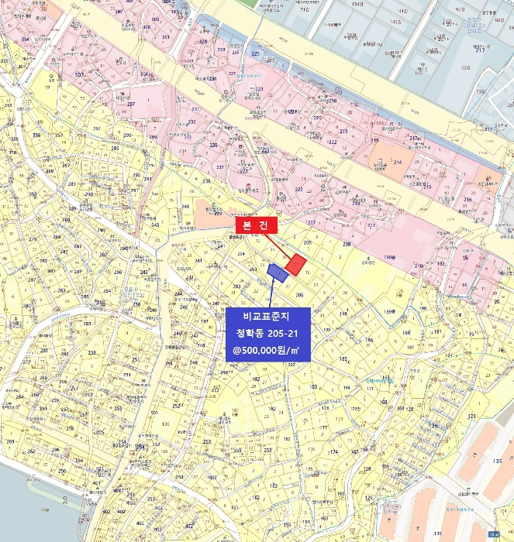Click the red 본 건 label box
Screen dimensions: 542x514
[256, 225]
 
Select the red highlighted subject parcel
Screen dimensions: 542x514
[295, 265]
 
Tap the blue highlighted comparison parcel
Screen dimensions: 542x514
[275, 272]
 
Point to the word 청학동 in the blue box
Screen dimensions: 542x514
[250, 334]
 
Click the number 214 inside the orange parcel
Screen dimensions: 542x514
[398, 162]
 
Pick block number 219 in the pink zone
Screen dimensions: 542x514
[333, 101]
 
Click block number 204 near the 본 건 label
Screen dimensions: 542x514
[240, 254]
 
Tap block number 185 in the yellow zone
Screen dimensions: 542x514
[343, 359]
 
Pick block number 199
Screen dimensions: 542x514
[326, 331]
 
